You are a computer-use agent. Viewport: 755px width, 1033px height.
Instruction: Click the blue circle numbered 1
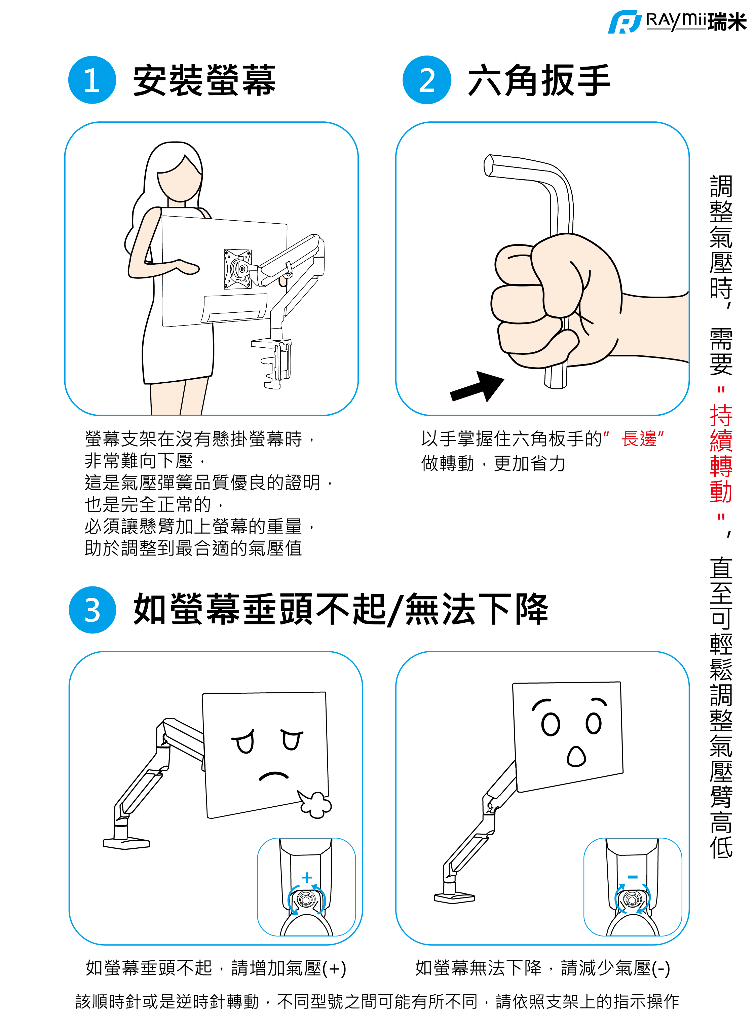point(92,80)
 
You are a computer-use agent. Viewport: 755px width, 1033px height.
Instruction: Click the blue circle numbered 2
point(427,80)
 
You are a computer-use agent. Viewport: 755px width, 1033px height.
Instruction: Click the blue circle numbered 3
point(93,610)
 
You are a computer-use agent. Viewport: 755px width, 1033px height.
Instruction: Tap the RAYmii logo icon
point(624,22)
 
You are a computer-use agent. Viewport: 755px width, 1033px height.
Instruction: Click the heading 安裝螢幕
point(204,80)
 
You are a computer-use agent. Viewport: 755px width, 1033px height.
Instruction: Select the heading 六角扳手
point(539,80)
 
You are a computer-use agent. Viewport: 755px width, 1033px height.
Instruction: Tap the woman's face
point(179,181)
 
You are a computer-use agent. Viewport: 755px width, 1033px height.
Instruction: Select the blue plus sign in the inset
point(307,877)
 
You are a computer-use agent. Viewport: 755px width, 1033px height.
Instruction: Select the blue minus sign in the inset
point(633,877)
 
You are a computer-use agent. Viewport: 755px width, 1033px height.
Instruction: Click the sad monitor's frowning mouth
point(274,776)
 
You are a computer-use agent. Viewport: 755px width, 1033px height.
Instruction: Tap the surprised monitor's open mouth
point(576,757)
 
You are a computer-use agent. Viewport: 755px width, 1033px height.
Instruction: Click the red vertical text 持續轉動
point(721,453)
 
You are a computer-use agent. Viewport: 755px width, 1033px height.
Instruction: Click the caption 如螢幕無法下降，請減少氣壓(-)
point(542,968)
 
